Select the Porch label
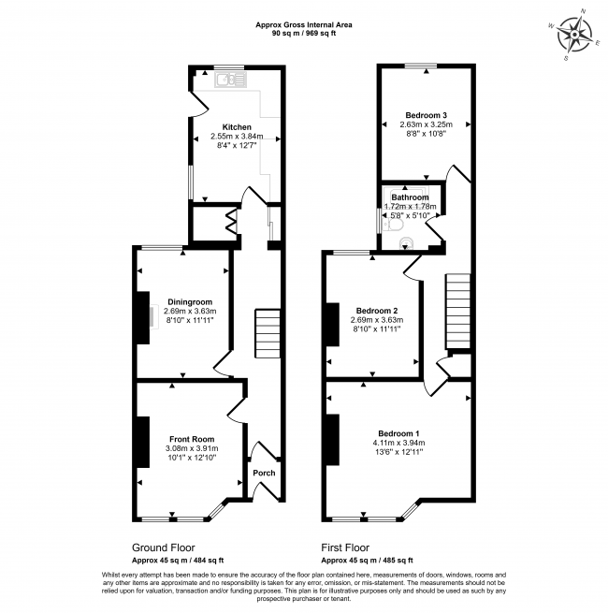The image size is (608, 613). coord(265,473)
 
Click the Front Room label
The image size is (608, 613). coord(192,439)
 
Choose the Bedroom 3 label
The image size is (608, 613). coord(426,113)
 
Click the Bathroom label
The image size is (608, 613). coord(410,197)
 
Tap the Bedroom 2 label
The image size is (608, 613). coord(378,310)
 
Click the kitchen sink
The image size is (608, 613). coord(225,80)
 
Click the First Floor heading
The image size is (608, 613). coord(345,547)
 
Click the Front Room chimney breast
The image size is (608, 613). coord(144,441)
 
